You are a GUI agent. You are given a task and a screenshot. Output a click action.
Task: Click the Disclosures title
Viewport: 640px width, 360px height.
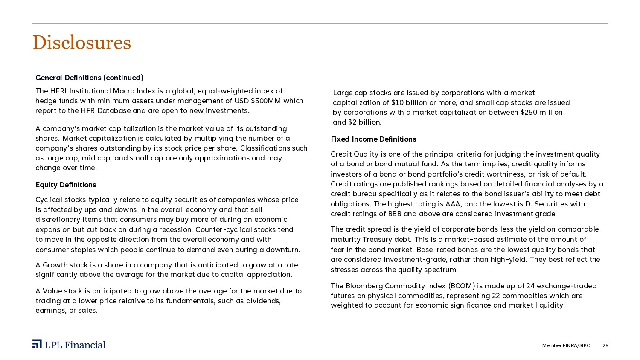pyautogui.click(x=81, y=43)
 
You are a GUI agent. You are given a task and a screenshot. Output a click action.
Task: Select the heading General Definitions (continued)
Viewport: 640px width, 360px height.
pyautogui.click(x=89, y=78)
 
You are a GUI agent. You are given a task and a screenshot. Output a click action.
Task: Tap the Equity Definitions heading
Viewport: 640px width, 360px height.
pyautogui.click(x=66, y=185)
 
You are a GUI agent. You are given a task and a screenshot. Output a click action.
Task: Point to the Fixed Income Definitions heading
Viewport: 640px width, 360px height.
pyautogui.click(x=373, y=139)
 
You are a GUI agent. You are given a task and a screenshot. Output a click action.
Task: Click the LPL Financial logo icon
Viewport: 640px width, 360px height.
pyautogui.click(x=37, y=344)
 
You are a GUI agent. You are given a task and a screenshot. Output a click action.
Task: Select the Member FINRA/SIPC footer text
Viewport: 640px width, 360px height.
pyautogui.click(x=566, y=345)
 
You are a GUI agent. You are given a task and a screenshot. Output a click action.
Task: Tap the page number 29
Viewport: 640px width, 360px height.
pyautogui.click(x=605, y=345)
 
